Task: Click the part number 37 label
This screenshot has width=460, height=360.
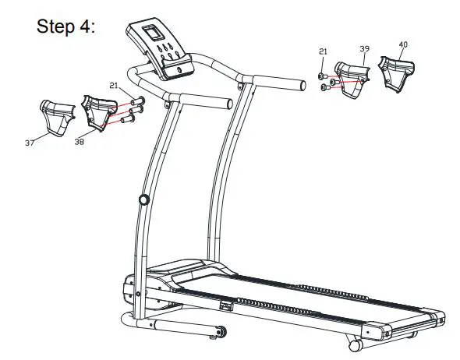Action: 30,143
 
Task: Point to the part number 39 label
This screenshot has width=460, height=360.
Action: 364,48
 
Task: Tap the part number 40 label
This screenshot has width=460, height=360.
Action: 402,44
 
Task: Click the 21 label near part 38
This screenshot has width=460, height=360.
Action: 113,85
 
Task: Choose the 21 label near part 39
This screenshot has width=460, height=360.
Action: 323,51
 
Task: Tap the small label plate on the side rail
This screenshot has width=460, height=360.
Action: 226,305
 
